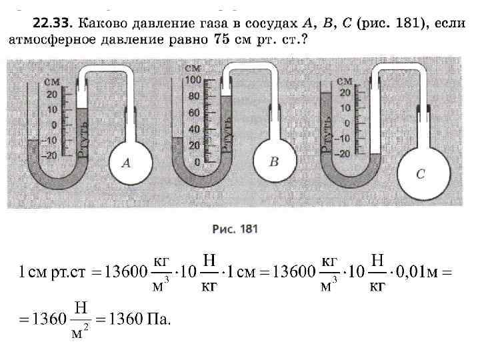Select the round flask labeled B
pyautogui.click(x=273, y=161)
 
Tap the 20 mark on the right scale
pyautogui.click(x=345, y=92)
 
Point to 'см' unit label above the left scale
pyautogui.click(x=51, y=81)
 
